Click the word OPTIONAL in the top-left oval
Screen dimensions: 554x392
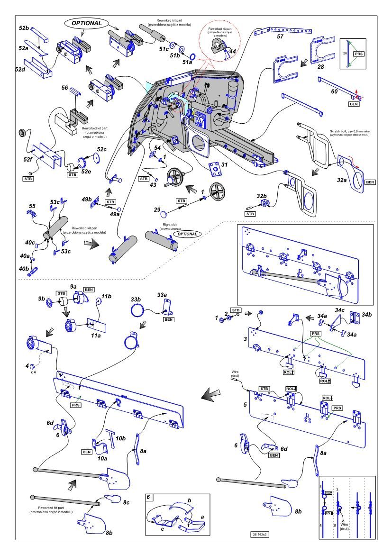pos(87,23)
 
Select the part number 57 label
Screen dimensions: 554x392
pos(280,36)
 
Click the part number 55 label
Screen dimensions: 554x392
pos(32,206)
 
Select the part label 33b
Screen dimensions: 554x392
pos(136,300)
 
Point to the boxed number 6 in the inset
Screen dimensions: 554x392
pos(149,498)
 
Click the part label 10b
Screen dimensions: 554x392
pos(121,438)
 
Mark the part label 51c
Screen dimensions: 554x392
pos(164,49)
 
